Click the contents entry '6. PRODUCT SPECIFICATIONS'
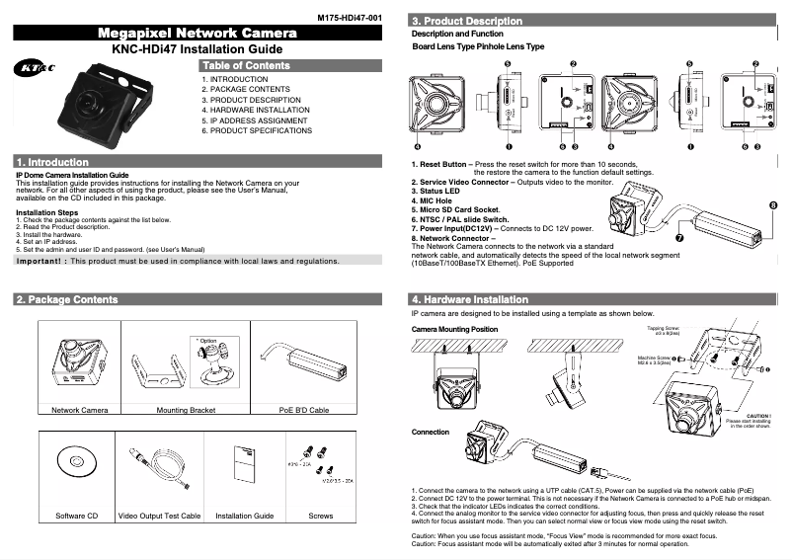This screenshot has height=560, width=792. coord(257,130)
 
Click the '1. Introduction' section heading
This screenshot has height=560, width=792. coord(53,162)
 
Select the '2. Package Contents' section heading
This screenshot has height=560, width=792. coord(68,299)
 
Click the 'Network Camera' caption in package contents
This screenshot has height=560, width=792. coord(80,409)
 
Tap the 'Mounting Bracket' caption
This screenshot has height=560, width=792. coord(186,409)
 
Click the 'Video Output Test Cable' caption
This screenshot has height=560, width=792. coord(159,516)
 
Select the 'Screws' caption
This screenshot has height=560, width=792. coord(321,516)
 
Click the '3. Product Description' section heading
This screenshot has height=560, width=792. coord(467,21)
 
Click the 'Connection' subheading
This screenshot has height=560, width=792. coord(430,432)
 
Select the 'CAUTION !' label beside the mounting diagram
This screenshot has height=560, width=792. coord(758,416)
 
